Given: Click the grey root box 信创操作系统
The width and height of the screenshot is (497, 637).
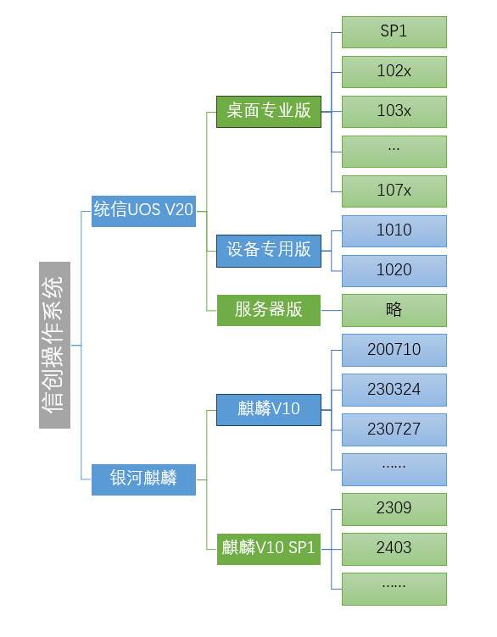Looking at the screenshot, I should pyautogui.click(x=54, y=345).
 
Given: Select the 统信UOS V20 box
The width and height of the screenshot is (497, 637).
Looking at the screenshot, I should pyautogui.click(x=143, y=210).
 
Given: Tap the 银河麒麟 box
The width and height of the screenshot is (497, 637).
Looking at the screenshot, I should pyautogui.click(x=143, y=479).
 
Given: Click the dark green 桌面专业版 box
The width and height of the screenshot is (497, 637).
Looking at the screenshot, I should pyautogui.click(x=269, y=111).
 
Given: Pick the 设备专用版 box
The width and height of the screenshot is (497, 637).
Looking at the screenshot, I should pyautogui.click(x=269, y=251).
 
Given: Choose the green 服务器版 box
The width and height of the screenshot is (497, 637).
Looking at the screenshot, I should pyautogui.click(x=269, y=310).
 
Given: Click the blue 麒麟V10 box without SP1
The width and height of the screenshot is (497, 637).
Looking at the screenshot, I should pyautogui.click(x=269, y=409).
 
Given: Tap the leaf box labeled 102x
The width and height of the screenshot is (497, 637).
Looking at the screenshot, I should pyautogui.click(x=394, y=72).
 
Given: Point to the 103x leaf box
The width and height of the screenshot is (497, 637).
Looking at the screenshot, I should pyautogui.click(x=394, y=112).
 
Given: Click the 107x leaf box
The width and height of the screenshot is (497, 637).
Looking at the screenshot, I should pyautogui.click(x=394, y=191).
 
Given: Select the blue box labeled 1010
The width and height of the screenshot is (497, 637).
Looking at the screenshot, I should pyautogui.click(x=394, y=231).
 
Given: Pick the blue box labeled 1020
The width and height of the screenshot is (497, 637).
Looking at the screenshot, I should pyautogui.click(x=394, y=271).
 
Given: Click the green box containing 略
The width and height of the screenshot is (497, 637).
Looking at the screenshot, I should pyautogui.click(x=394, y=310).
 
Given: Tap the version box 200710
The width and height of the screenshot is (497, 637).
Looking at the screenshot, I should pyautogui.click(x=394, y=350).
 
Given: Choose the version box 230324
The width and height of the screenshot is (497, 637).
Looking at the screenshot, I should pyautogui.click(x=394, y=390).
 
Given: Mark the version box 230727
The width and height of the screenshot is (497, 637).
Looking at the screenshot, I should pyautogui.click(x=394, y=429).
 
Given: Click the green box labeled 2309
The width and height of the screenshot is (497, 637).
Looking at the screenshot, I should pyautogui.click(x=394, y=509).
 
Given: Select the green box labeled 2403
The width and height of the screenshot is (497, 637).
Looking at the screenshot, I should pyautogui.click(x=394, y=549).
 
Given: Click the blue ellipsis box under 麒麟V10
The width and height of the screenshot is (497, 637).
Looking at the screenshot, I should pyautogui.click(x=394, y=469).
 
